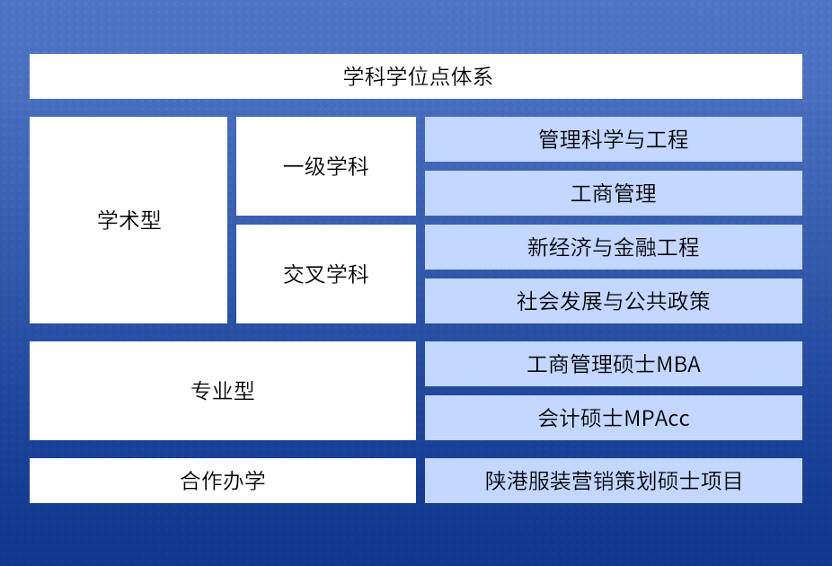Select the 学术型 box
(128, 220)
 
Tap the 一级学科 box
(326, 166)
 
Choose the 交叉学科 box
(326, 274)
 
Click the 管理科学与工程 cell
(614, 139)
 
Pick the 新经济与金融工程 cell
(614, 247)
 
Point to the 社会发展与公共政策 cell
(614, 301)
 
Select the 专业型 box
(223, 391)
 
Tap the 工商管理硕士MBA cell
(614, 364)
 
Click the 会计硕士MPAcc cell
(614, 418)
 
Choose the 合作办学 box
(223, 481)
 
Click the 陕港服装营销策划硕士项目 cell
(614, 481)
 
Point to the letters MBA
(678, 365)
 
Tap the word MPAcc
(657, 419)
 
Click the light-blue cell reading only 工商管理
(614, 193)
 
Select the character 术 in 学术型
(129, 220)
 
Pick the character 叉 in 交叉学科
(315, 274)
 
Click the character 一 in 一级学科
(294, 167)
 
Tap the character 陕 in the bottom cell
(496, 482)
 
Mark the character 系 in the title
(482, 77)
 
